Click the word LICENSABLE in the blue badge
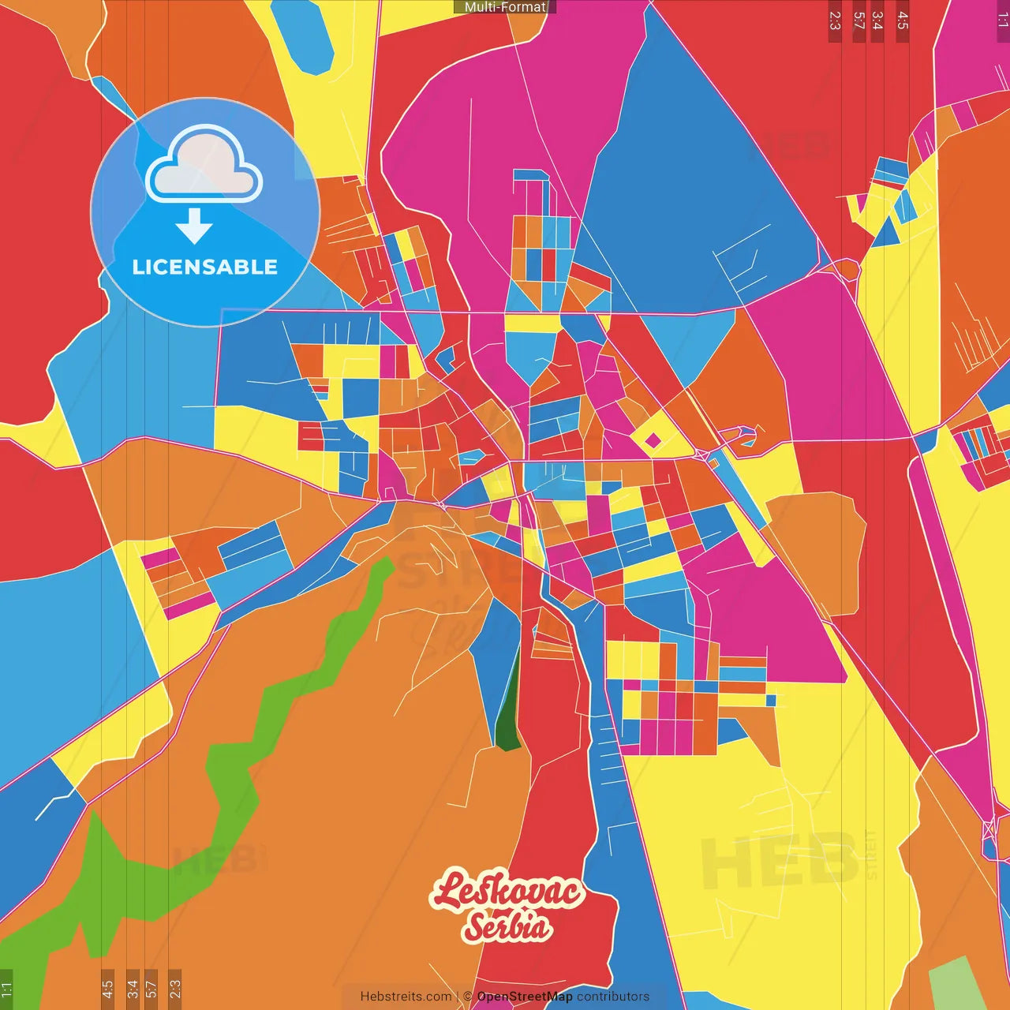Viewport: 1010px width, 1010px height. click(204, 267)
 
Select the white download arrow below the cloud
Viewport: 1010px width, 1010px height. click(194, 226)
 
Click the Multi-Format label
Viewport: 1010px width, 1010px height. click(505, 7)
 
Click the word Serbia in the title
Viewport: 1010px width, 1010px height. click(507, 926)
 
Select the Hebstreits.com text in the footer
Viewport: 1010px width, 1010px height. click(406, 997)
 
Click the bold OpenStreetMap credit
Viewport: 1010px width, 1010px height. click(524, 997)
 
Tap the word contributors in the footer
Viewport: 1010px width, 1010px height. click(612, 997)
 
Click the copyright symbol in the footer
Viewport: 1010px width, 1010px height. click(467, 997)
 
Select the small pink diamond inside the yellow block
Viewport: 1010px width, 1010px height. click(653, 440)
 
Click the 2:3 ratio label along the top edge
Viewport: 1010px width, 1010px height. click(835, 21)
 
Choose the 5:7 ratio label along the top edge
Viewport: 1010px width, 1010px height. click(858, 21)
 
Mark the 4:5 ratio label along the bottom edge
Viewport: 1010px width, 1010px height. click(107, 989)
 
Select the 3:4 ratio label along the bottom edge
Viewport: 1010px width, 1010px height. click(133, 989)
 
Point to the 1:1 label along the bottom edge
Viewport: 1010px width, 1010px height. click(6, 989)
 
